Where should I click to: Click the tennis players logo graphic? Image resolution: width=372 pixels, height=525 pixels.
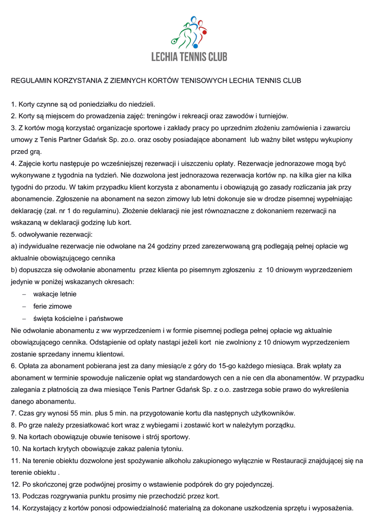pyautogui.click(x=189, y=32)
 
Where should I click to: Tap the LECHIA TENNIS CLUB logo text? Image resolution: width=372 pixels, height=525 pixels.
pyautogui.click(x=189, y=56)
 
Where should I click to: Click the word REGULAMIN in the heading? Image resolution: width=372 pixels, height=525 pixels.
pyautogui.click(x=32, y=81)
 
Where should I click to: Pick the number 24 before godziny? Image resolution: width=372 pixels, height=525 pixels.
pyautogui.click(x=151, y=246)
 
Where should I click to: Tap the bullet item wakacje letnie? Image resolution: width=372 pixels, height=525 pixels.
pyautogui.click(x=55, y=294)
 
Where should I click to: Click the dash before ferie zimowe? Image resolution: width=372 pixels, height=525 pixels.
pyautogui.click(x=24, y=306)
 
